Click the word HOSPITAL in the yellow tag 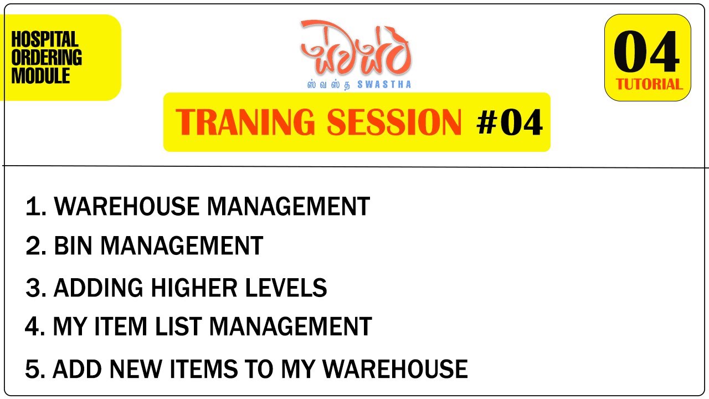45,40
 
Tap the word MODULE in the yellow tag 41,76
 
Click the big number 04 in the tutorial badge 646,53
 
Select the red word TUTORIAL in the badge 649,85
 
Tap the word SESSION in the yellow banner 394,122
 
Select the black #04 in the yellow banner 509,123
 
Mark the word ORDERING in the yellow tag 47,58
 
